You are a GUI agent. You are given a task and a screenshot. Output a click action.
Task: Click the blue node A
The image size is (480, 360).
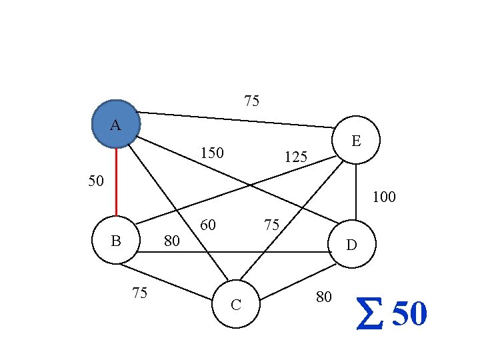(115, 124)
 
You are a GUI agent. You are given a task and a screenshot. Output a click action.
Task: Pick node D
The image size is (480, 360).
(352, 245)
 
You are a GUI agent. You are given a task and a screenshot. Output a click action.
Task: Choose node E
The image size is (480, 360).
(356, 141)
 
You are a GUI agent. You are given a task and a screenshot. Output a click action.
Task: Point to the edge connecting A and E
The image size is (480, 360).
(237, 119)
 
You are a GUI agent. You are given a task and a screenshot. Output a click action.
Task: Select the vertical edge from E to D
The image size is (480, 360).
(356, 193)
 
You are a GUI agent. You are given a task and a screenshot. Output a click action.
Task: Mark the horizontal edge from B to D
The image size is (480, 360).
(233, 252)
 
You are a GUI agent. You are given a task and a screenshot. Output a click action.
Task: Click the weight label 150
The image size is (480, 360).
(212, 154)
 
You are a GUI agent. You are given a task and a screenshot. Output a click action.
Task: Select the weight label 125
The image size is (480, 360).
(295, 157)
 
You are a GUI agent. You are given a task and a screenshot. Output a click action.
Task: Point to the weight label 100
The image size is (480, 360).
(384, 197)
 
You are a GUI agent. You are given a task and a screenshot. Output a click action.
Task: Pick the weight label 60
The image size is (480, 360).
(208, 225)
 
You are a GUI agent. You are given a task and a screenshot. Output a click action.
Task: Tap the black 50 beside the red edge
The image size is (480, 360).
(96, 181)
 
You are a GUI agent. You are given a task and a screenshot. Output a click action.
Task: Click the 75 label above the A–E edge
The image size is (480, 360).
(251, 101)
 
